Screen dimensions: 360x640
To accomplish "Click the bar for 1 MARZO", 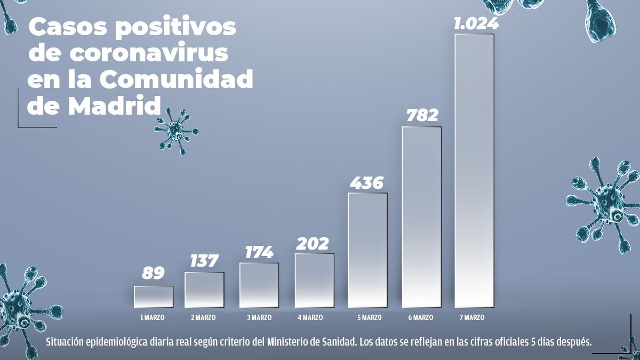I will [x=154, y=297].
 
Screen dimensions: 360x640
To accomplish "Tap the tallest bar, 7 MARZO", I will [x=474, y=171].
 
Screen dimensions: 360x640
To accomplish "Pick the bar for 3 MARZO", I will [x=259, y=285].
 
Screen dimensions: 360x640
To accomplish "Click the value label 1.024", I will [x=476, y=24].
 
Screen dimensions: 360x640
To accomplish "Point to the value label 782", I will [x=422, y=116].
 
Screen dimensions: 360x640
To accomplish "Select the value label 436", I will [x=367, y=183].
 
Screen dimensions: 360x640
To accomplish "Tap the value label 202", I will [x=313, y=243].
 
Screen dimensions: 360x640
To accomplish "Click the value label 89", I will [x=153, y=273].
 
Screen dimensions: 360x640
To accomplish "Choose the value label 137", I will [x=204, y=261].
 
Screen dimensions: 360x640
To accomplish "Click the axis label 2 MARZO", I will [x=203, y=317].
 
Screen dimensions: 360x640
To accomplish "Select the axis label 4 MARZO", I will [x=310, y=317].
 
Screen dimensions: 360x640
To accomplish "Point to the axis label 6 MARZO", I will [x=420, y=317].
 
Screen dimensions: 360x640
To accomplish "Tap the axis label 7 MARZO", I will [x=471, y=317].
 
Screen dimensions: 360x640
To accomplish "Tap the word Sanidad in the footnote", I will [x=336, y=341].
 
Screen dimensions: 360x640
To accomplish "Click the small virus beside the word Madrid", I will [x=176, y=131].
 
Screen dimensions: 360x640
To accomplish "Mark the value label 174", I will [x=259, y=252].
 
